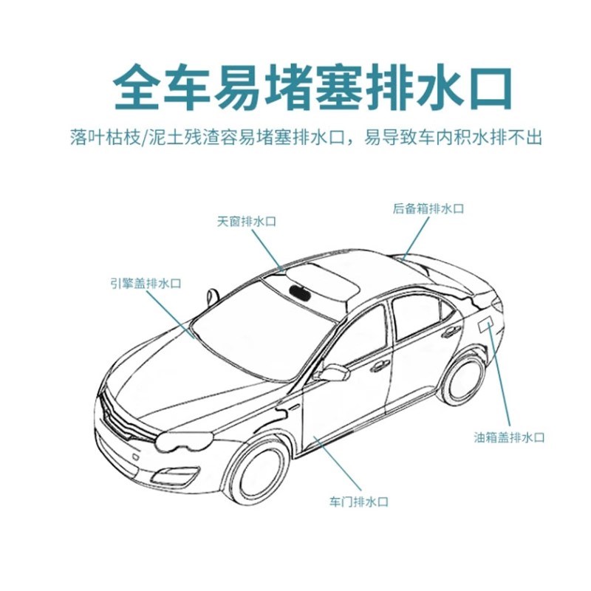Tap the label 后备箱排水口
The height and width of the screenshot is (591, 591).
428,209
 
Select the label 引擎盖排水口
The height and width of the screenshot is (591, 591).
146,283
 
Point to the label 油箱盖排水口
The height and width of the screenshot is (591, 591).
509,437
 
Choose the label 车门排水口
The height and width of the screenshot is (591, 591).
358,502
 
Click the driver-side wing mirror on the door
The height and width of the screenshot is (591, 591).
333,373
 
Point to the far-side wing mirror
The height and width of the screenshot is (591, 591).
213,297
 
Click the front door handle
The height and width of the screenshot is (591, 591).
380,366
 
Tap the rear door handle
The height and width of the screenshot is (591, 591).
451,332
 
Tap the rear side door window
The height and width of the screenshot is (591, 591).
420,314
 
